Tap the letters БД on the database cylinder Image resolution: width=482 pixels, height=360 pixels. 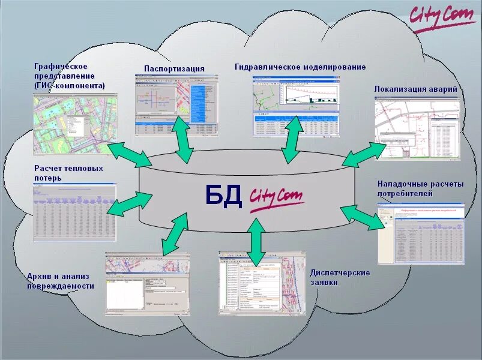(x=223, y=196)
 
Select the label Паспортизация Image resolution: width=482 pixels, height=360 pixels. (x=174, y=68)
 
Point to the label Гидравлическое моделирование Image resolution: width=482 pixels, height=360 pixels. (x=300, y=67)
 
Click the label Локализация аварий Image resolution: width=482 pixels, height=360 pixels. (x=415, y=89)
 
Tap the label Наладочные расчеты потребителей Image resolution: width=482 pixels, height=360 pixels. (x=420, y=188)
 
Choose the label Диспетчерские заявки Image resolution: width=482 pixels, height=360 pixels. (x=340, y=277)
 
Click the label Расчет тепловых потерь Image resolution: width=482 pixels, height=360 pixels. (x=68, y=173)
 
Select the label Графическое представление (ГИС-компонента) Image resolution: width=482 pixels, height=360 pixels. (x=69, y=76)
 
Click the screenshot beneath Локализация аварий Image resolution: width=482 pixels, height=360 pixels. (x=417, y=130)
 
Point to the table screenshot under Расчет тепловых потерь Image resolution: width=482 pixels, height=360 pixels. (x=74, y=209)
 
